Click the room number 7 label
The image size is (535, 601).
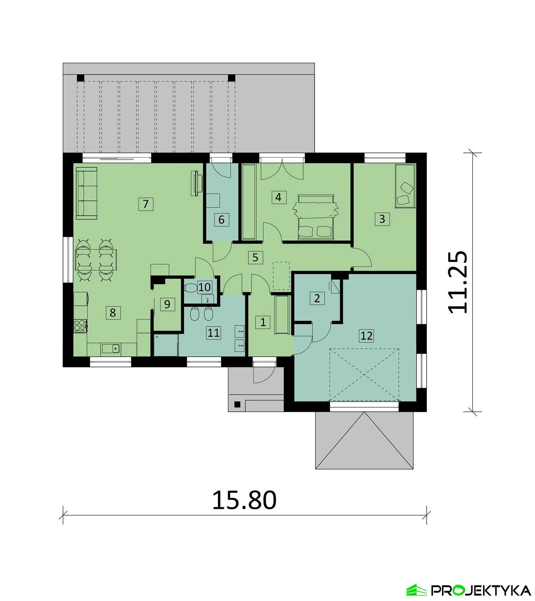coord(146,204)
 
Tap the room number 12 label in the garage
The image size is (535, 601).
coord(366,336)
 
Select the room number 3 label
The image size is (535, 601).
coord(382,219)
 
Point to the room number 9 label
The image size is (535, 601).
coord(167,304)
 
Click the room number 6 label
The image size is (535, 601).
coord(221,220)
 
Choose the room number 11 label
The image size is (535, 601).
coord(213,333)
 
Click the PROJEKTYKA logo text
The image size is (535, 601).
coord(481,590)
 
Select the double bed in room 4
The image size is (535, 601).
coord(315,217)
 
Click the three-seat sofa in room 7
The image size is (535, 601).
coord(87,193)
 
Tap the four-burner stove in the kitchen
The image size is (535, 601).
coord(80,326)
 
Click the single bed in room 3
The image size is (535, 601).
coord(405,186)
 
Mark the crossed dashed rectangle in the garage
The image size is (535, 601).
coord(364,375)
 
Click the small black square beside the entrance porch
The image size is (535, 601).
coord(237,405)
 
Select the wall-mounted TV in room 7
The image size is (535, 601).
coord(195,184)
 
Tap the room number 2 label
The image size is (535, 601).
coord(317,298)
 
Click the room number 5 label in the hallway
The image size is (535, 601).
coord(255,257)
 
